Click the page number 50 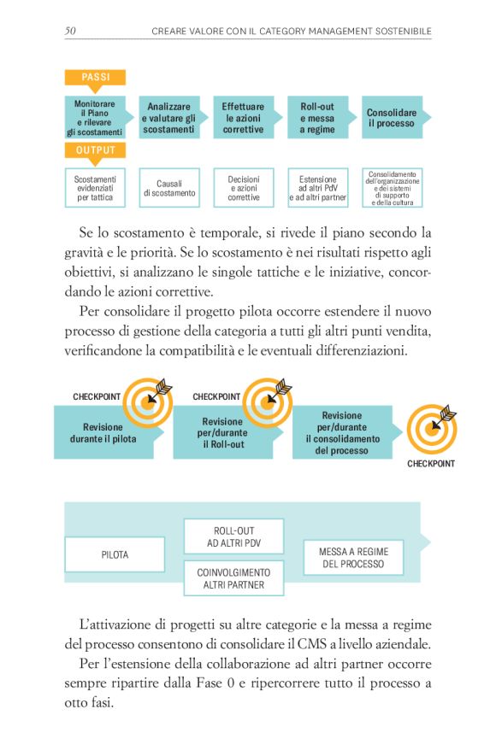tap(71, 32)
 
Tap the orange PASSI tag tap(94, 78)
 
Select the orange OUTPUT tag tap(94, 150)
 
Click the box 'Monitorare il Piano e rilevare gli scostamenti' tap(94, 118)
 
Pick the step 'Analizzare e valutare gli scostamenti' tap(168, 118)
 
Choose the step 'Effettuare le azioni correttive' tap(243, 118)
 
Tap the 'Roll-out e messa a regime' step tap(316, 118)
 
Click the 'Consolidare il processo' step tap(392, 118)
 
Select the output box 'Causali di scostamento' tap(169, 188)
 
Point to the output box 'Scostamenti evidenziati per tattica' tap(95, 188)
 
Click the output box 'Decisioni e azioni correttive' tap(244, 188)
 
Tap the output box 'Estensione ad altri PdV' tap(317, 188)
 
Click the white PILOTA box tap(115, 554)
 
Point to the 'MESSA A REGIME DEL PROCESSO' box tap(353, 558)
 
